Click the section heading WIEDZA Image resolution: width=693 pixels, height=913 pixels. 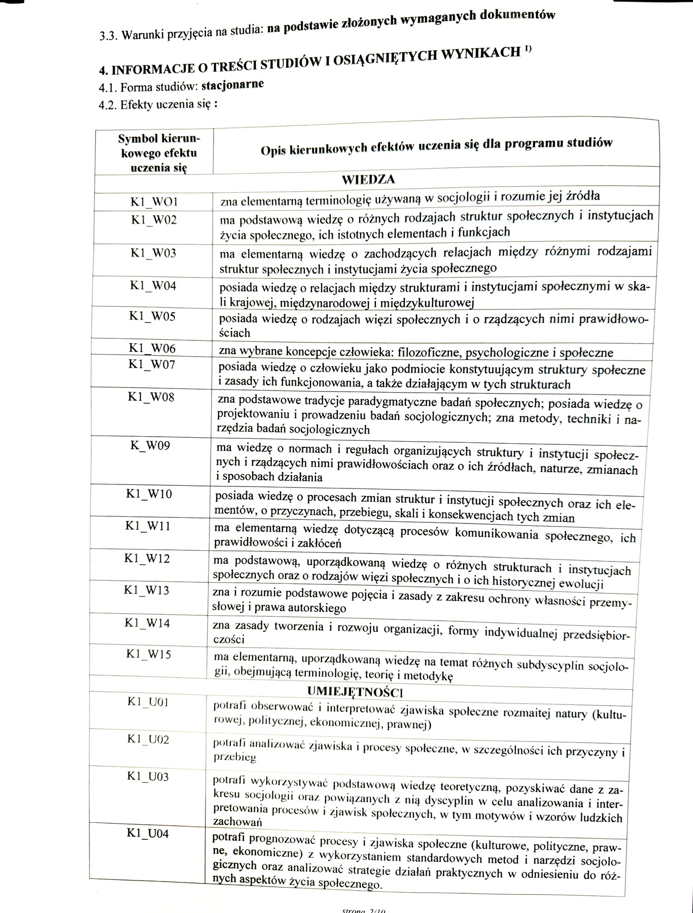(368, 180)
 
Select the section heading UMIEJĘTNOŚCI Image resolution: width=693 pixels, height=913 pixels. (355, 692)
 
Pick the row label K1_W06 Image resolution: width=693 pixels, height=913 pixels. (152, 348)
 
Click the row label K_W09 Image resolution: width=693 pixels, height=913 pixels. (150, 446)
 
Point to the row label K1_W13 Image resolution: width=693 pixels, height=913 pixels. (147, 590)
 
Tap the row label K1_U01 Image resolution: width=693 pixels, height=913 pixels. (148, 703)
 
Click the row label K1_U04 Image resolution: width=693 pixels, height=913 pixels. (148, 834)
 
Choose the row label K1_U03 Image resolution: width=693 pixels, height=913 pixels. (148, 777)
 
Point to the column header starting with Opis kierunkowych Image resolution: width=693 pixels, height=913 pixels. (436, 145)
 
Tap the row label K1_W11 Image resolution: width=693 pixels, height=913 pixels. (148, 526)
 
